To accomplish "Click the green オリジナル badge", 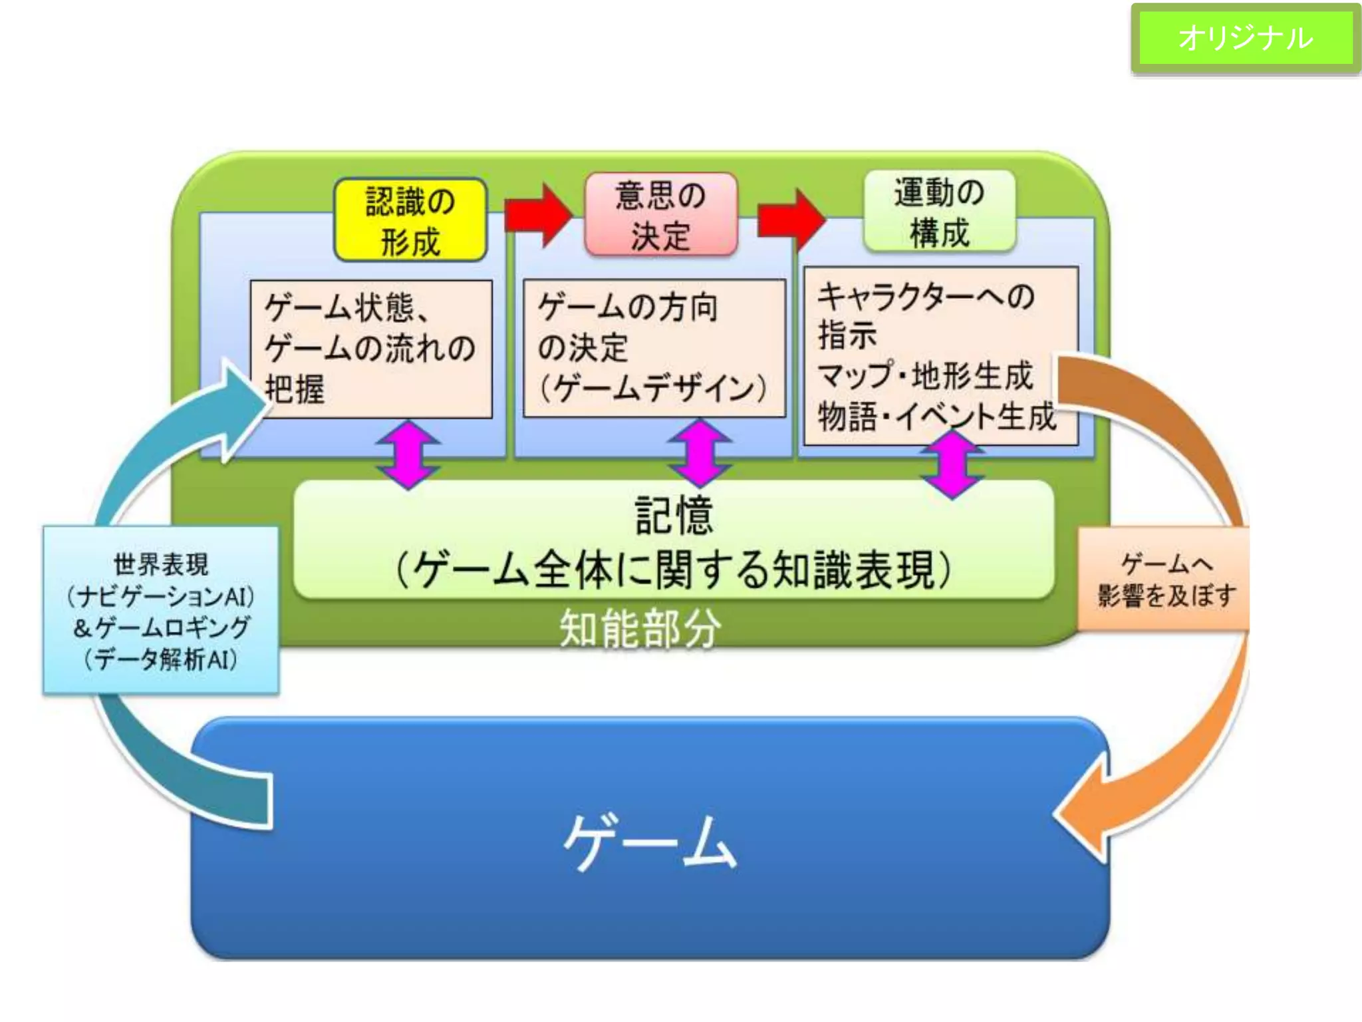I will tap(1245, 38).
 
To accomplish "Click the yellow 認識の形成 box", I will tap(410, 220).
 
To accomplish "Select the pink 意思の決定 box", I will tap(660, 215).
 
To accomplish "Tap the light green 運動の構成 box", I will tap(939, 212).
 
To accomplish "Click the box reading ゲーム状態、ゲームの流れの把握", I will tap(371, 349).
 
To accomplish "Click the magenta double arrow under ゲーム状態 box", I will tap(408, 454).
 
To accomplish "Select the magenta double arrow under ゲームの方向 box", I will tap(700, 452).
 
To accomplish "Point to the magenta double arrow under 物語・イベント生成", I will tap(952, 464).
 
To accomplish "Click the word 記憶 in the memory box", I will tap(674, 515).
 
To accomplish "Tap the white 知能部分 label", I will tap(640, 628).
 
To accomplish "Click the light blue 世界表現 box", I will tap(161, 610).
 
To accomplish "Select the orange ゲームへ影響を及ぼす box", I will tap(1164, 580).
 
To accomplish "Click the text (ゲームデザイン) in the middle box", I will tap(652, 388).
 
